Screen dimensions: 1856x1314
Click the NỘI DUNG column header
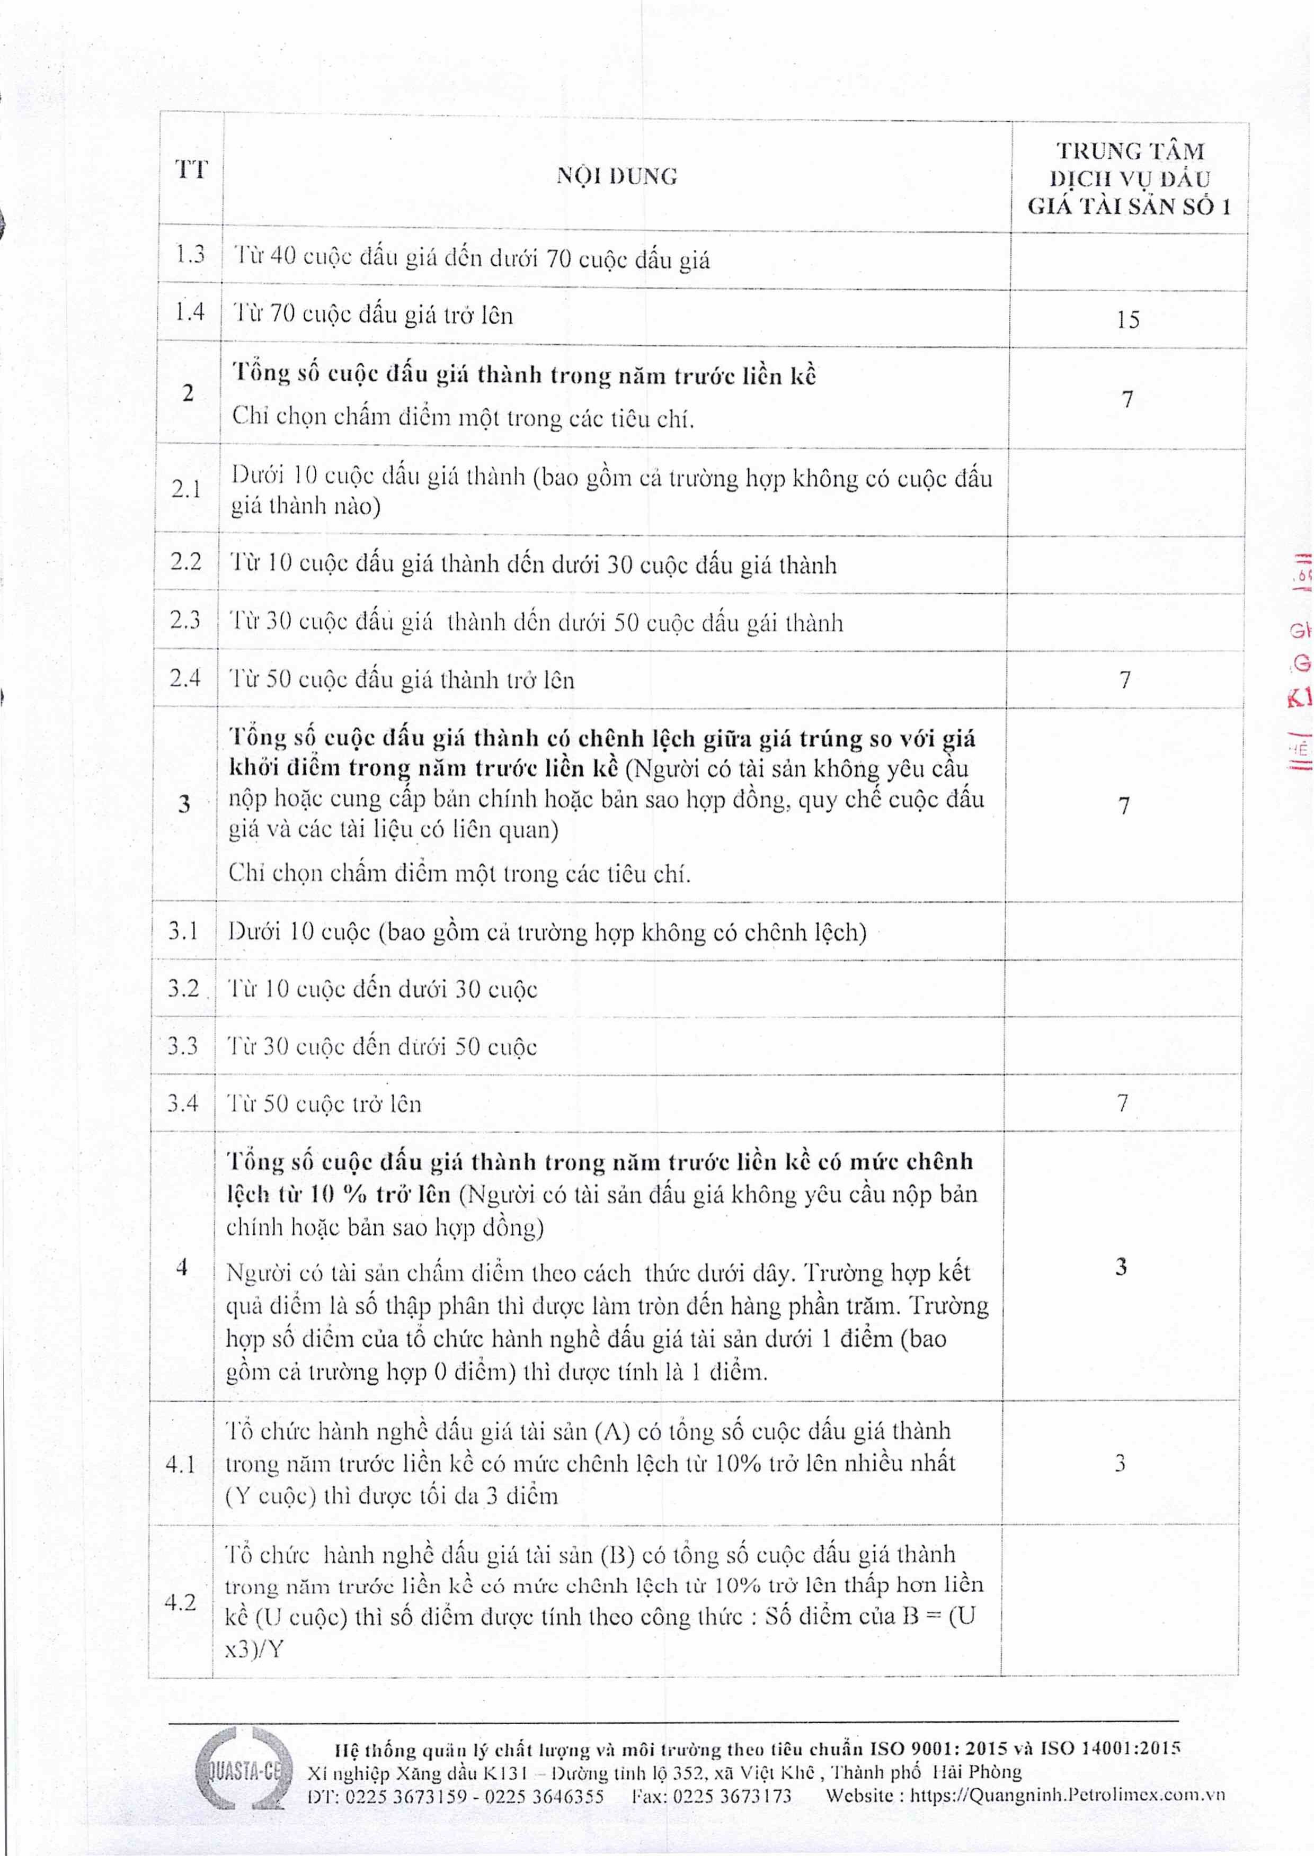[617, 175]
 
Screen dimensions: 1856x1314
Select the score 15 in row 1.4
[1128, 319]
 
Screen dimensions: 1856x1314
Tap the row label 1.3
[190, 255]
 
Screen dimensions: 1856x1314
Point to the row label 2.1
[186, 489]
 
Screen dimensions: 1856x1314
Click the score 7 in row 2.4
[1125, 679]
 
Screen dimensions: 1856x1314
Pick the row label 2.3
[185, 620]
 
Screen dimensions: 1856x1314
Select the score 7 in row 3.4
[1122, 1102]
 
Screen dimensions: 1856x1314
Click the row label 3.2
[183, 988]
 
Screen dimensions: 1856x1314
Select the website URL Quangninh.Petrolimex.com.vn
[1067, 1795]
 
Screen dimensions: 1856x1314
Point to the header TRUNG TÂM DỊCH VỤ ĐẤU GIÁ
[1130, 178]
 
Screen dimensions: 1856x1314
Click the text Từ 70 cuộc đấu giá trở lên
[373, 314]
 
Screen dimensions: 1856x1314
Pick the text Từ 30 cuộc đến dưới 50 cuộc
[382, 1046]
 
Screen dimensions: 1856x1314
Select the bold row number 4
[181, 1267]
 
